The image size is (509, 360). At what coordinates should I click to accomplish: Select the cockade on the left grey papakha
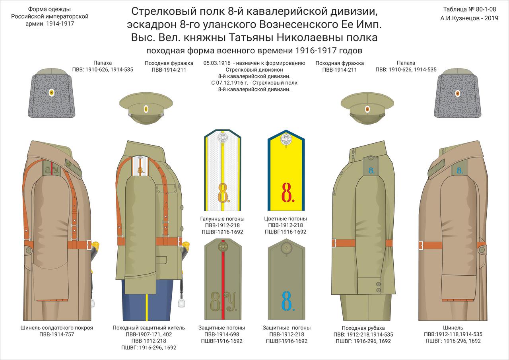52,93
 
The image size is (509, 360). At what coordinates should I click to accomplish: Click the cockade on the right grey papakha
457,93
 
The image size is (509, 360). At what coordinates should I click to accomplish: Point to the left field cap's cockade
146,108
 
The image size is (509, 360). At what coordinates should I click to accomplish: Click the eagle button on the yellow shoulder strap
286,140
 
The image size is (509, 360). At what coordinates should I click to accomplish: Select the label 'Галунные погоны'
222,219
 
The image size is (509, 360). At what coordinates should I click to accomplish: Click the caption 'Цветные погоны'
286,219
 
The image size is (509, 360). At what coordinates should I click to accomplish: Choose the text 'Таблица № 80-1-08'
470,9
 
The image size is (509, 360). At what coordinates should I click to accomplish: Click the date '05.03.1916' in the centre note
217,63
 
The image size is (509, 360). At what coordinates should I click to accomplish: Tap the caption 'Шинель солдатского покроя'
56,328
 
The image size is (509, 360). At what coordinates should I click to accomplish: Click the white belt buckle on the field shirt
334,243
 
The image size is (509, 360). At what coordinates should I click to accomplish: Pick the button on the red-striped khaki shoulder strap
222,247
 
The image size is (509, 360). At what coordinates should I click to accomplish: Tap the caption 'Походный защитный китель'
149,328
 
